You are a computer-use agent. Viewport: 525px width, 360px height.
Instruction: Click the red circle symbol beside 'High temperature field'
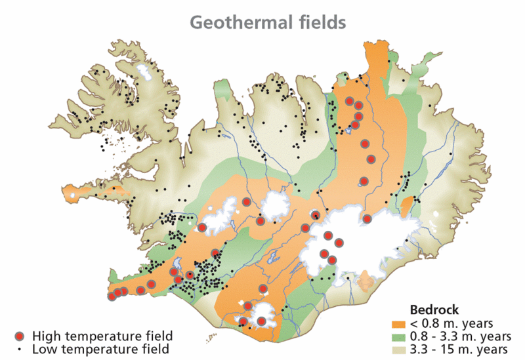point(20,336)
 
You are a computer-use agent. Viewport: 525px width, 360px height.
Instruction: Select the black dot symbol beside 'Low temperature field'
point(20,349)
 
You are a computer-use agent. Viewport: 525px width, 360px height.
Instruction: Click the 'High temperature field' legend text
point(102,336)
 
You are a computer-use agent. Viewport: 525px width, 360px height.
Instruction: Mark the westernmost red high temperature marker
point(112,296)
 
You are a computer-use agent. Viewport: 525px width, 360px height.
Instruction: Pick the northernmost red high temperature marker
point(350,102)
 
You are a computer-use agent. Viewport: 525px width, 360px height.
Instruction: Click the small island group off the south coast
point(211,339)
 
